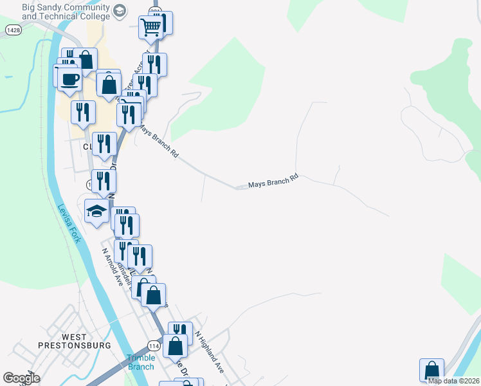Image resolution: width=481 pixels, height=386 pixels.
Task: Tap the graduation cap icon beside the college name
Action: coord(120,10)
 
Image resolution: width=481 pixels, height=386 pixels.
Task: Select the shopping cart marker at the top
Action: coord(150,28)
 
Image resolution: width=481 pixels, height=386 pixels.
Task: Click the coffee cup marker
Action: coord(69,80)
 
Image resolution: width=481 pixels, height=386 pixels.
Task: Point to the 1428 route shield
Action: coord(12,30)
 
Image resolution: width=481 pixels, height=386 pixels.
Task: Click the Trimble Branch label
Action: coord(140,362)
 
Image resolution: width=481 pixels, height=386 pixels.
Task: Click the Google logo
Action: coord(21,378)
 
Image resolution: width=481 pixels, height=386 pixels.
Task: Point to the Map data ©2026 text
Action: coord(453,381)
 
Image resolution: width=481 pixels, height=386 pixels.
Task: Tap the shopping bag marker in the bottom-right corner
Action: coord(431,371)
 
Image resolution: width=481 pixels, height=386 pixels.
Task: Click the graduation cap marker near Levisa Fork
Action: coord(96,210)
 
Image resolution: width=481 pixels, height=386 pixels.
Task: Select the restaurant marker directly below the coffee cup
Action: coord(83,112)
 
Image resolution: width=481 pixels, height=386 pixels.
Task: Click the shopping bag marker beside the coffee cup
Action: coord(109,84)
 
